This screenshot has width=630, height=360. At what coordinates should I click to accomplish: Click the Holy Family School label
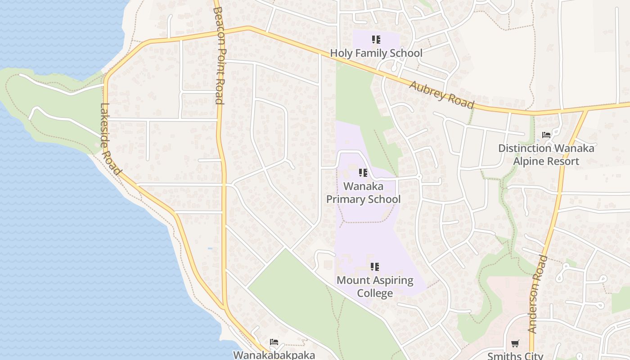[x=376, y=53]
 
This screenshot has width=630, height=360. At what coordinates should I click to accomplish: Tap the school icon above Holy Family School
[x=376, y=40]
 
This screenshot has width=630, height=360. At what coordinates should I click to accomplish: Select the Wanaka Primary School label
[x=363, y=193]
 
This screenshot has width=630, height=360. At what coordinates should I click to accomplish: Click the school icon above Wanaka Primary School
[x=363, y=173]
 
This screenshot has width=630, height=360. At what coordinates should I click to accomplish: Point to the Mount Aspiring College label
[x=375, y=287]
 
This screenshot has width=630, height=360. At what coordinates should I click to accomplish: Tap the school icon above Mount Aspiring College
[x=375, y=267]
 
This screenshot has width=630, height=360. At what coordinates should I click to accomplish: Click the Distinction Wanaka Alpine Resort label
[x=546, y=154]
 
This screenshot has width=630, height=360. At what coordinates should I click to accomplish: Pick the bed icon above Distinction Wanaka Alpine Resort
[x=546, y=135]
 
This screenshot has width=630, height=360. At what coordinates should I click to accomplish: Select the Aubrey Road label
[x=441, y=94]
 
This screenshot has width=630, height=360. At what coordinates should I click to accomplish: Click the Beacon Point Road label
[x=219, y=55]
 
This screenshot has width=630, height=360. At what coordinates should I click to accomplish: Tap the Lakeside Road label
[x=110, y=139]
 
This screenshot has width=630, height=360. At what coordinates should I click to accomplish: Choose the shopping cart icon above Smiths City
[x=515, y=343]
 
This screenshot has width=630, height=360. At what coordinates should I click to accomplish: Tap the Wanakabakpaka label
[x=274, y=355]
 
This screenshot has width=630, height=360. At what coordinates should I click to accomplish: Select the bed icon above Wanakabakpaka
[x=274, y=342]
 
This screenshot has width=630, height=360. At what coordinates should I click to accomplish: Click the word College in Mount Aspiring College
[x=375, y=293]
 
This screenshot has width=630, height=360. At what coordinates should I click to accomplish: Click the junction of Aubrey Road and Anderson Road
[x=586, y=109]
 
